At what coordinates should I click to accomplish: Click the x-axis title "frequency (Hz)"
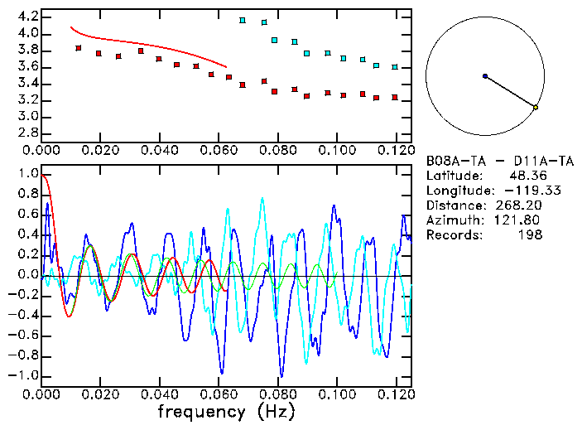click(225, 411)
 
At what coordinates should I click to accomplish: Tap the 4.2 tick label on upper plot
click(23, 17)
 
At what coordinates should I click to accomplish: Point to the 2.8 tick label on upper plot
click(23, 133)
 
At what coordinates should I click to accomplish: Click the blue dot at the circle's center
click(485, 76)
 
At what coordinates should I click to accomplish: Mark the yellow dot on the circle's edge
click(536, 107)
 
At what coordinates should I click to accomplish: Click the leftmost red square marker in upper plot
click(79, 48)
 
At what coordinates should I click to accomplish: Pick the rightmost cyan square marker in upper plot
click(395, 67)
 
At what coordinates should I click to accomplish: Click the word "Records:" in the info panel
click(454, 234)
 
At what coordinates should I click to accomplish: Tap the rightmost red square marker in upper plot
click(395, 97)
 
